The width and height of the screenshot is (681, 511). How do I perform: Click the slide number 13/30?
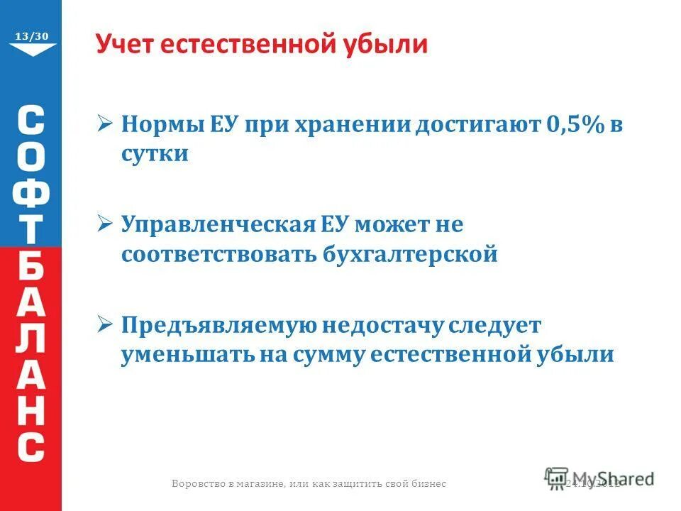32,35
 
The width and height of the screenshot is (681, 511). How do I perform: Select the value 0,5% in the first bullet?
574,124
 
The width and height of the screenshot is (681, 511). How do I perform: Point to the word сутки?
155,154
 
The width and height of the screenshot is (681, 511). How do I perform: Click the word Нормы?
160,124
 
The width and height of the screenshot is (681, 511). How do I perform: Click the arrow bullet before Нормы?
104,124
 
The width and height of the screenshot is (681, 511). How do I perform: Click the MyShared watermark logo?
599,478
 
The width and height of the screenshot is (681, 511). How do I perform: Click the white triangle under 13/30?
32,49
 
